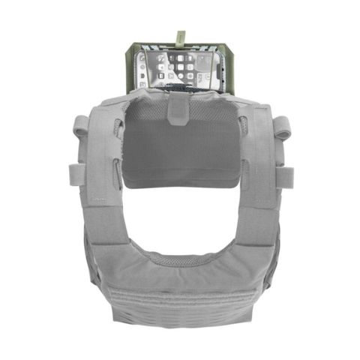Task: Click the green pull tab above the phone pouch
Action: [x=180, y=35]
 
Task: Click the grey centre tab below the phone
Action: [x=179, y=104]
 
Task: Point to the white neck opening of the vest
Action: [x=180, y=217]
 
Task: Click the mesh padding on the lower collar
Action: [x=180, y=259]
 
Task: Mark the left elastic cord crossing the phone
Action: [x=160, y=71]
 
